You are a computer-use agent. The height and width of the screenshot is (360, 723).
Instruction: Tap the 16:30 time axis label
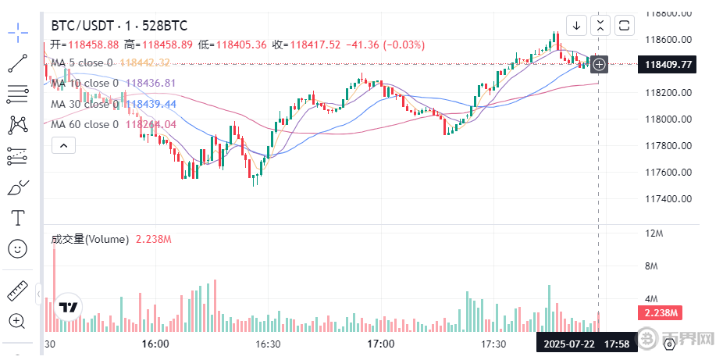tap(269, 344)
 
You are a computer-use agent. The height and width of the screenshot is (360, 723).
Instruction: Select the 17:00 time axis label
tap(380, 344)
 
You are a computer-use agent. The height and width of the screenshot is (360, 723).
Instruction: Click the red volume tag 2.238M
tap(660, 313)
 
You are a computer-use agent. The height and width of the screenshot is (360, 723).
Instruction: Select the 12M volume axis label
tap(654, 233)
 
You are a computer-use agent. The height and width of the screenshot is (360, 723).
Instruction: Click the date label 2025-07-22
tap(570, 344)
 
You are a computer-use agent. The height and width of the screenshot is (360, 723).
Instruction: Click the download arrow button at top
tap(576, 25)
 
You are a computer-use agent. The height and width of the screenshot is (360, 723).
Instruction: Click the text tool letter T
tap(17, 216)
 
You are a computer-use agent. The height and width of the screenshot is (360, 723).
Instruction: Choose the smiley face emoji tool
tap(17, 249)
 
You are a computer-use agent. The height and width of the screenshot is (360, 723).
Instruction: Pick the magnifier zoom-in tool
tap(17, 320)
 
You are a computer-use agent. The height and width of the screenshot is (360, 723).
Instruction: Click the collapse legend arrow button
tap(63, 144)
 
